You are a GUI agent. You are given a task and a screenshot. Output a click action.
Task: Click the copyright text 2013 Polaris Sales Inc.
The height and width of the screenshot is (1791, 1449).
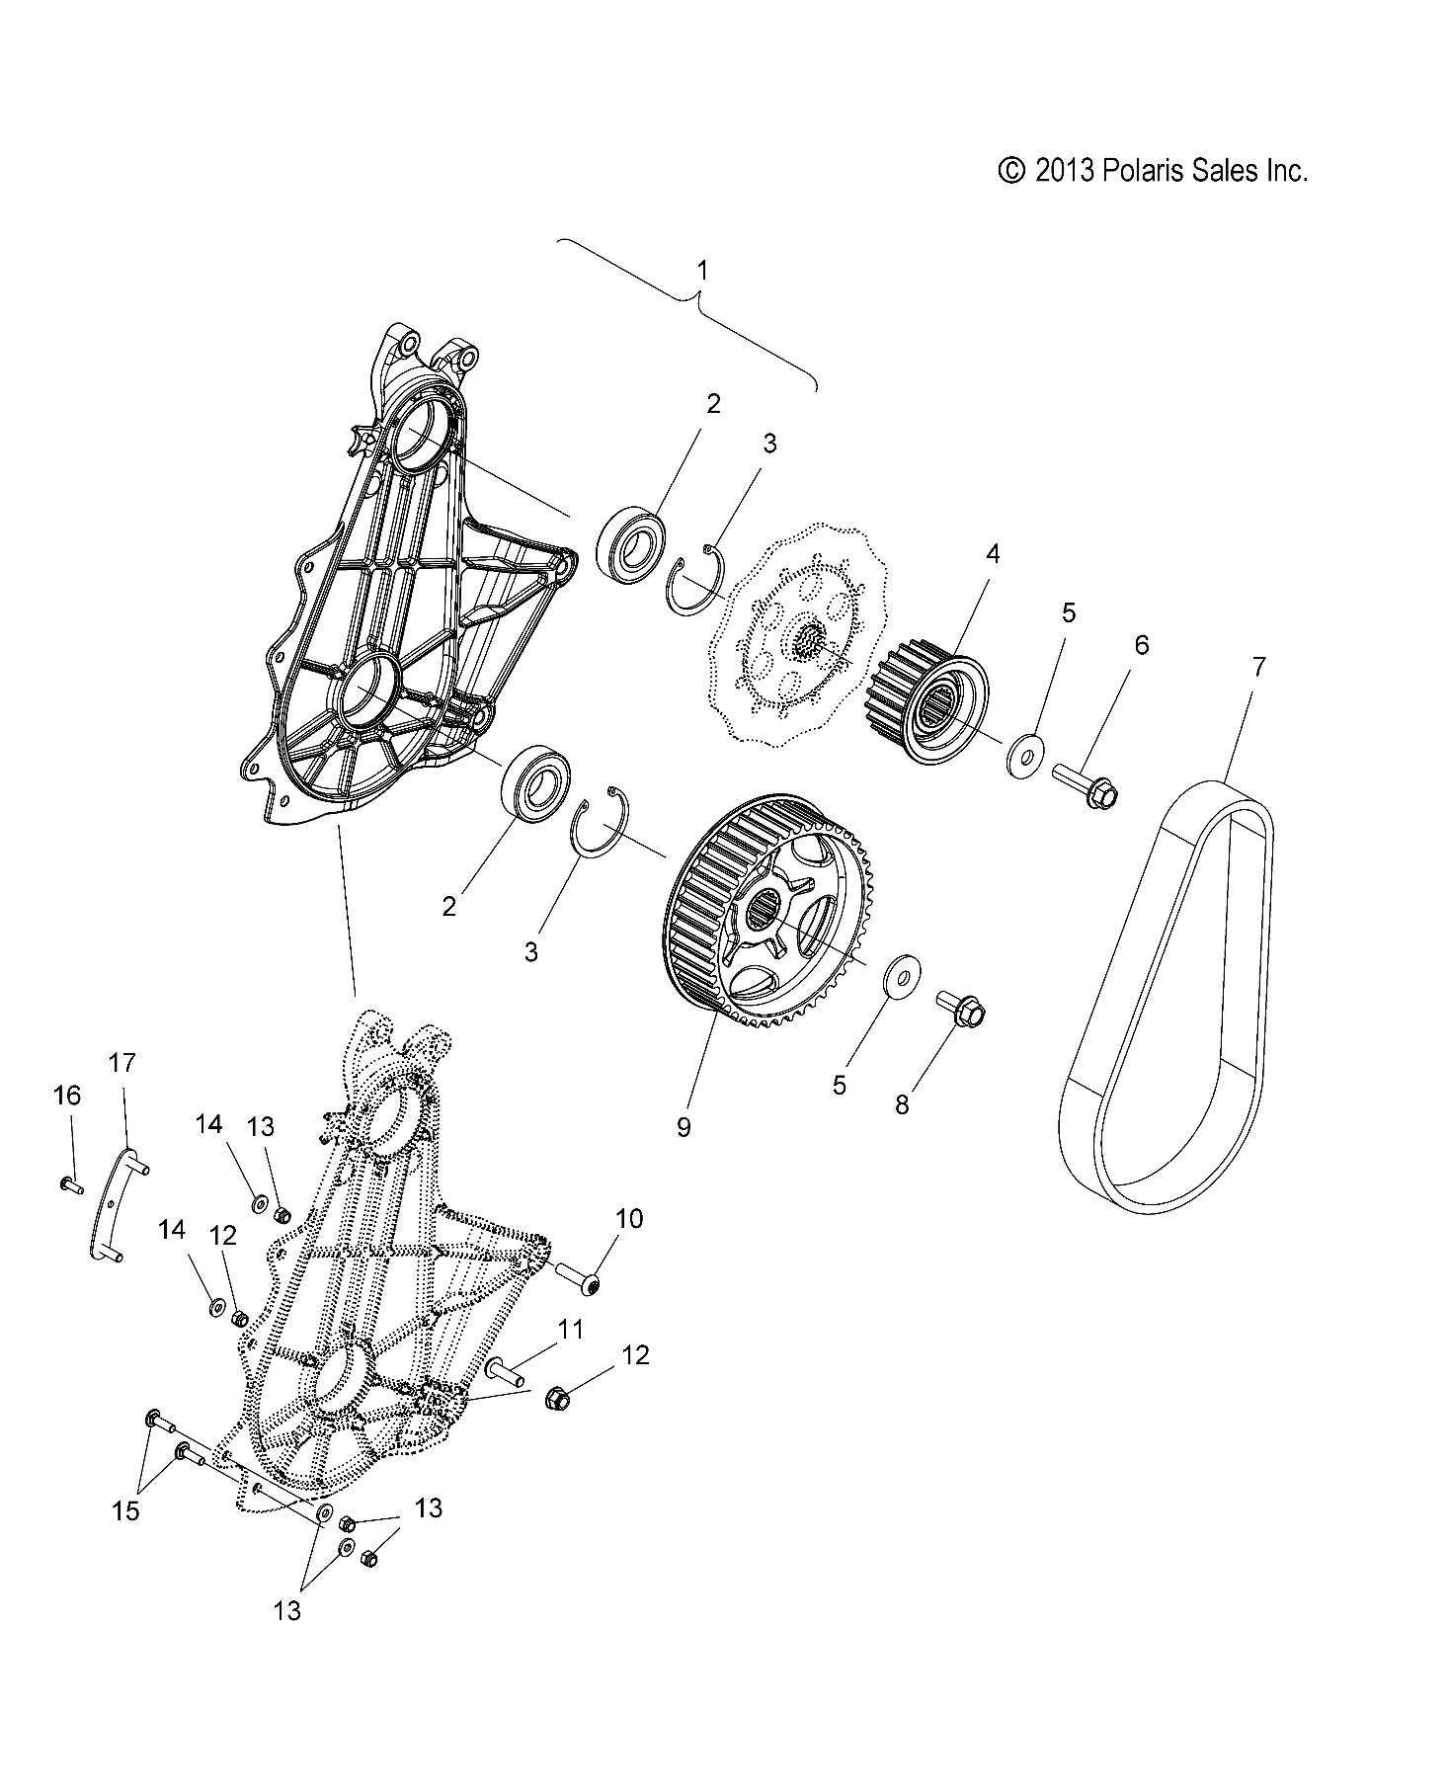[x=1153, y=171]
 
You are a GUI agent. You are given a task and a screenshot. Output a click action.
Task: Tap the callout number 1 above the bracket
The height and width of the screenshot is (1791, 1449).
[x=702, y=270]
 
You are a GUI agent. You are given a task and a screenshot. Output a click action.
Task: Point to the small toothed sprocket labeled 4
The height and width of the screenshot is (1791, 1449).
[x=928, y=705]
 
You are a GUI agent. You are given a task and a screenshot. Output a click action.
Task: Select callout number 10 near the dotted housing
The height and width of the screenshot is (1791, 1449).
[x=629, y=1219]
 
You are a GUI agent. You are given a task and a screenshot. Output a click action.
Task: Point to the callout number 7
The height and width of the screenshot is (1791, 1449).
[x=1257, y=667]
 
